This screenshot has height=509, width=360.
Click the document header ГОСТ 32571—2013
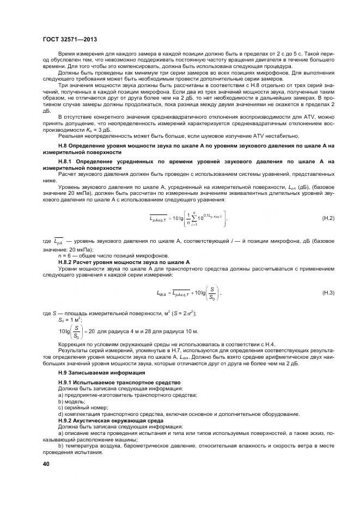(x=69, y=40)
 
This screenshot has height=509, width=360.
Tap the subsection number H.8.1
(x=67, y=162)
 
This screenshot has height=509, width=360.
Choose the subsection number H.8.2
(x=67, y=262)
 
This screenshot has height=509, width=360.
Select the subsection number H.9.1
(x=67, y=383)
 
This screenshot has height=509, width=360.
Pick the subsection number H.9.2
(x=67, y=421)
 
